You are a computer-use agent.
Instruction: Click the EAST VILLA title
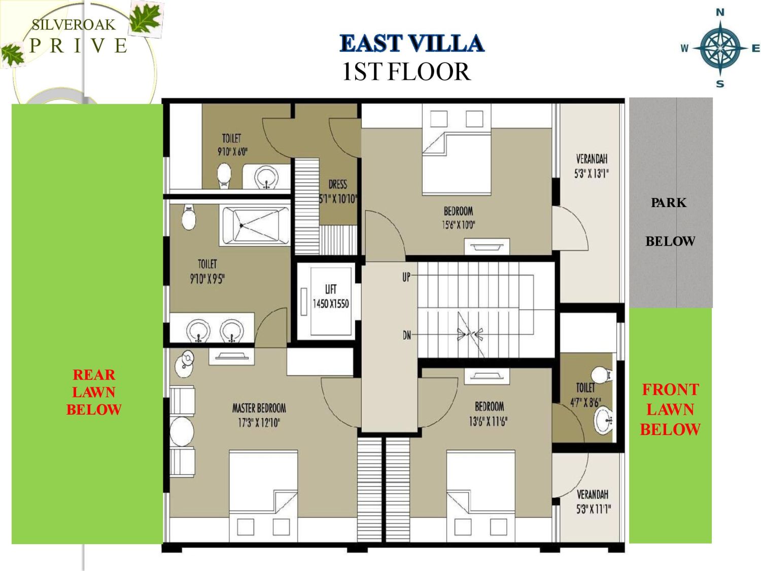tap(411, 43)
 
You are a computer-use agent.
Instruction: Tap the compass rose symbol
tap(720, 48)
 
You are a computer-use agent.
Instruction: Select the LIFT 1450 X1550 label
tap(330, 297)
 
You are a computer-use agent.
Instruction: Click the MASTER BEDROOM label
tap(259, 415)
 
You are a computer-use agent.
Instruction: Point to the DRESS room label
tap(338, 191)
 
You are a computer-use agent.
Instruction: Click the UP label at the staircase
tap(406, 277)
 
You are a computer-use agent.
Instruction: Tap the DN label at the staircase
tap(406, 335)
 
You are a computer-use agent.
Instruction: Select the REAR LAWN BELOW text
tap(94, 392)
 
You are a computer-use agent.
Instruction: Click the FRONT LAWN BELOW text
tap(670, 410)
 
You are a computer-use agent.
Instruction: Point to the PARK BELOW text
tap(670, 222)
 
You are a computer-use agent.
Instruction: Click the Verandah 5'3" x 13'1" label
tap(591, 166)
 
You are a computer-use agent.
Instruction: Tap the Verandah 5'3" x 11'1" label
tap(593, 501)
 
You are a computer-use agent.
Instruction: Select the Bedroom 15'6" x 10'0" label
tap(458, 217)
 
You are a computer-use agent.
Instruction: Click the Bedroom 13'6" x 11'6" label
tap(489, 413)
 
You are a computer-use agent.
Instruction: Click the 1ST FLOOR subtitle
tap(406, 72)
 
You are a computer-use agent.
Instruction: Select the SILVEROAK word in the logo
tap(74, 25)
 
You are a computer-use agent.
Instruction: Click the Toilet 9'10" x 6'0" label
tap(232, 145)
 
